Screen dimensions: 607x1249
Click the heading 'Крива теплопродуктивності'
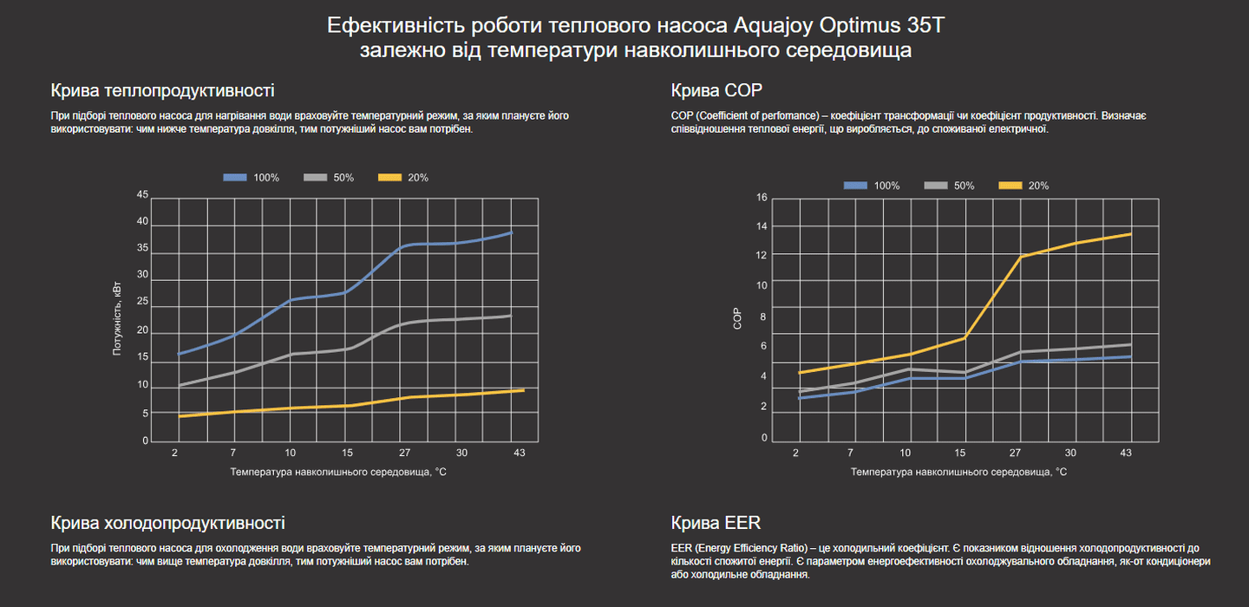[x=162, y=90]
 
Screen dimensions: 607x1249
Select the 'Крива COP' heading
[x=704, y=90]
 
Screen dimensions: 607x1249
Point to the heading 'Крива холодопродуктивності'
[x=167, y=523]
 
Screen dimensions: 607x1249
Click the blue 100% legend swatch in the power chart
[x=236, y=178]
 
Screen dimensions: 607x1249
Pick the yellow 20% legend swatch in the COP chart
[x=1010, y=186]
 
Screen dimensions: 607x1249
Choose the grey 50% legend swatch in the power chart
[x=316, y=178]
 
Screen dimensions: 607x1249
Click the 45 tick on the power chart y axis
[x=142, y=194]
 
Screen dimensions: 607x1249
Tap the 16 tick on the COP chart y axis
[x=762, y=198]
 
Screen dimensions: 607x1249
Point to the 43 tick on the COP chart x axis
[x=1126, y=453]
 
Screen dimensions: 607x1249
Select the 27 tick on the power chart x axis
[x=404, y=453]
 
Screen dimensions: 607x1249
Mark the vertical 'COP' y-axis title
[x=738, y=320]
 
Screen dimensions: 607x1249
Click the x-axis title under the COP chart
[x=958, y=473]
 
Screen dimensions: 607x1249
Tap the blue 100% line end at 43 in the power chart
[x=512, y=232]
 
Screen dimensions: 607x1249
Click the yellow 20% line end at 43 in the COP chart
[x=1131, y=234]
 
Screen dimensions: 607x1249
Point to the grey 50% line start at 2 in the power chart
[x=179, y=385]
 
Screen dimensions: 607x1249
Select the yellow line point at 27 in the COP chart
[x=1021, y=257]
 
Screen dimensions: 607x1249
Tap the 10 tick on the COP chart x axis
[x=906, y=453]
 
